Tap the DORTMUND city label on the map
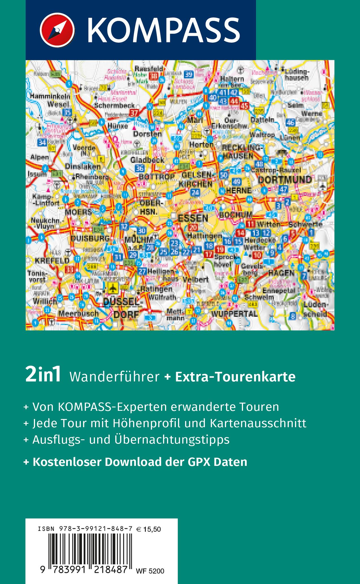point(285,180)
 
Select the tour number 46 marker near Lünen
point(290,123)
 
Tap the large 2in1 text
point(43,376)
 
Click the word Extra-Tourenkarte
point(235,377)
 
